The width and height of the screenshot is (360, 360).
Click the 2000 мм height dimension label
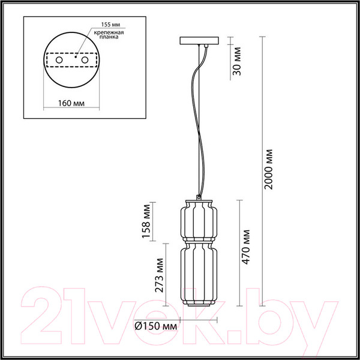[x=269, y=169]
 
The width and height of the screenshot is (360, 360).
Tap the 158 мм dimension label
[x=146, y=220]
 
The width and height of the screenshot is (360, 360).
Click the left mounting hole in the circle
[x=59, y=61]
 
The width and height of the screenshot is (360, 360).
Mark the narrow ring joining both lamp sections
[x=198, y=240]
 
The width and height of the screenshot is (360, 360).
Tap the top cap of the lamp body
[x=198, y=197]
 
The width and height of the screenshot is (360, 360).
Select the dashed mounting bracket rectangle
[x=71, y=61]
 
